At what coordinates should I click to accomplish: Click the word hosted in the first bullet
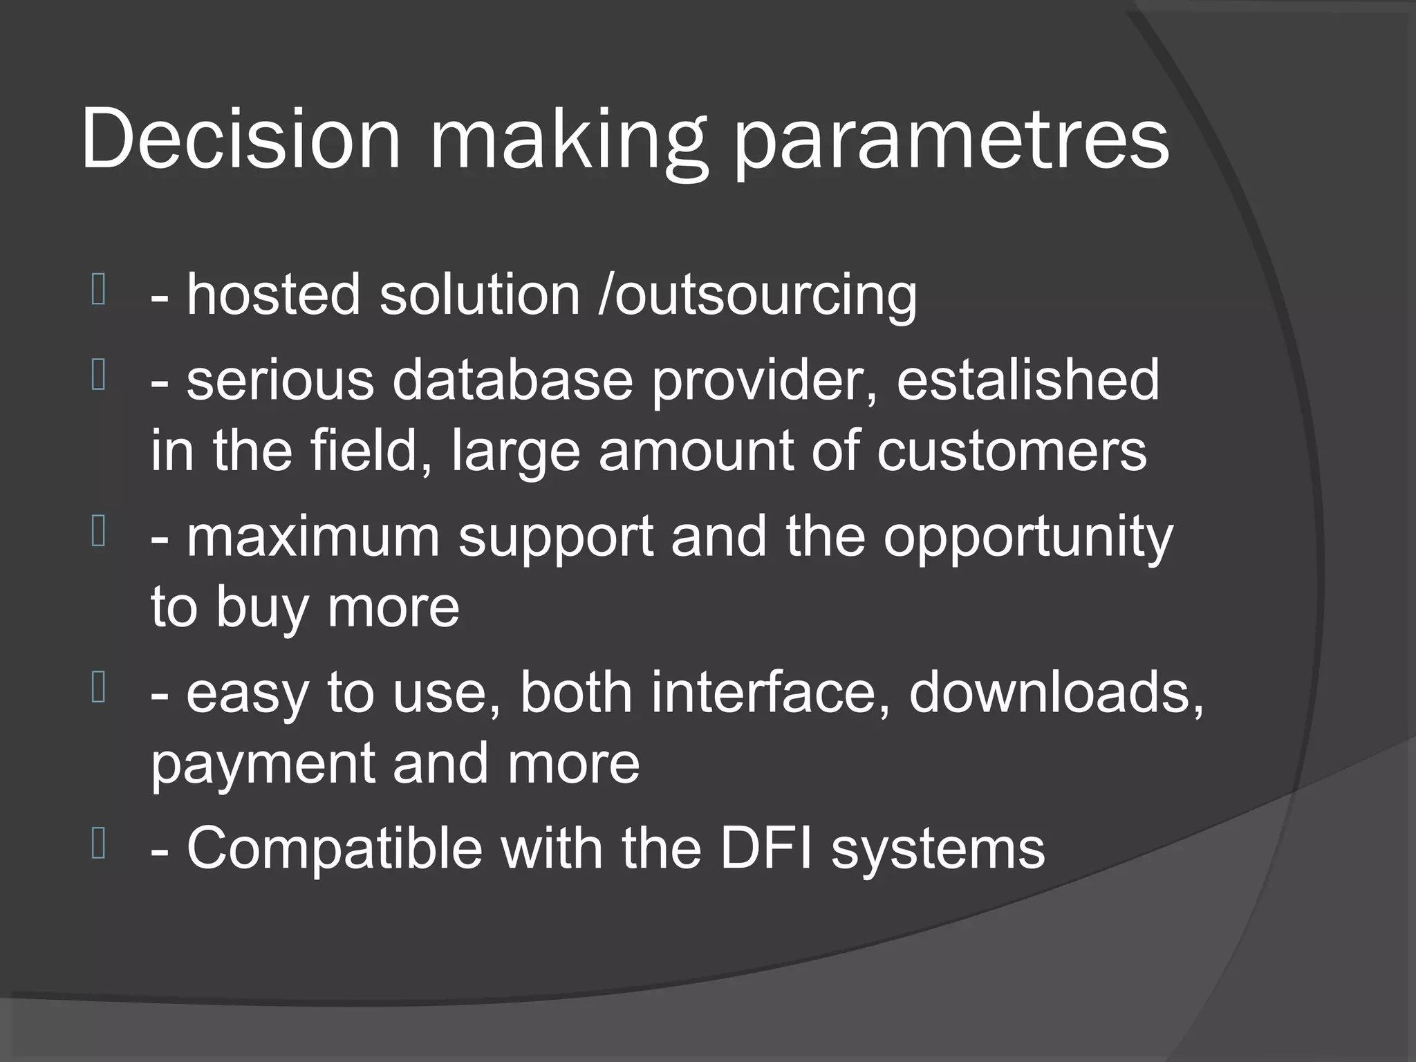coord(274,295)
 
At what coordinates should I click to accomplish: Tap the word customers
coord(1012,451)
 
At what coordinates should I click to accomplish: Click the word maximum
coord(313,537)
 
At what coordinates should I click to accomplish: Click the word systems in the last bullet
coord(938,850)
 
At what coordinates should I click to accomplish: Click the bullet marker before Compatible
coord(98,844)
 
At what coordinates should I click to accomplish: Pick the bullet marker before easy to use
coord(98,689)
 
